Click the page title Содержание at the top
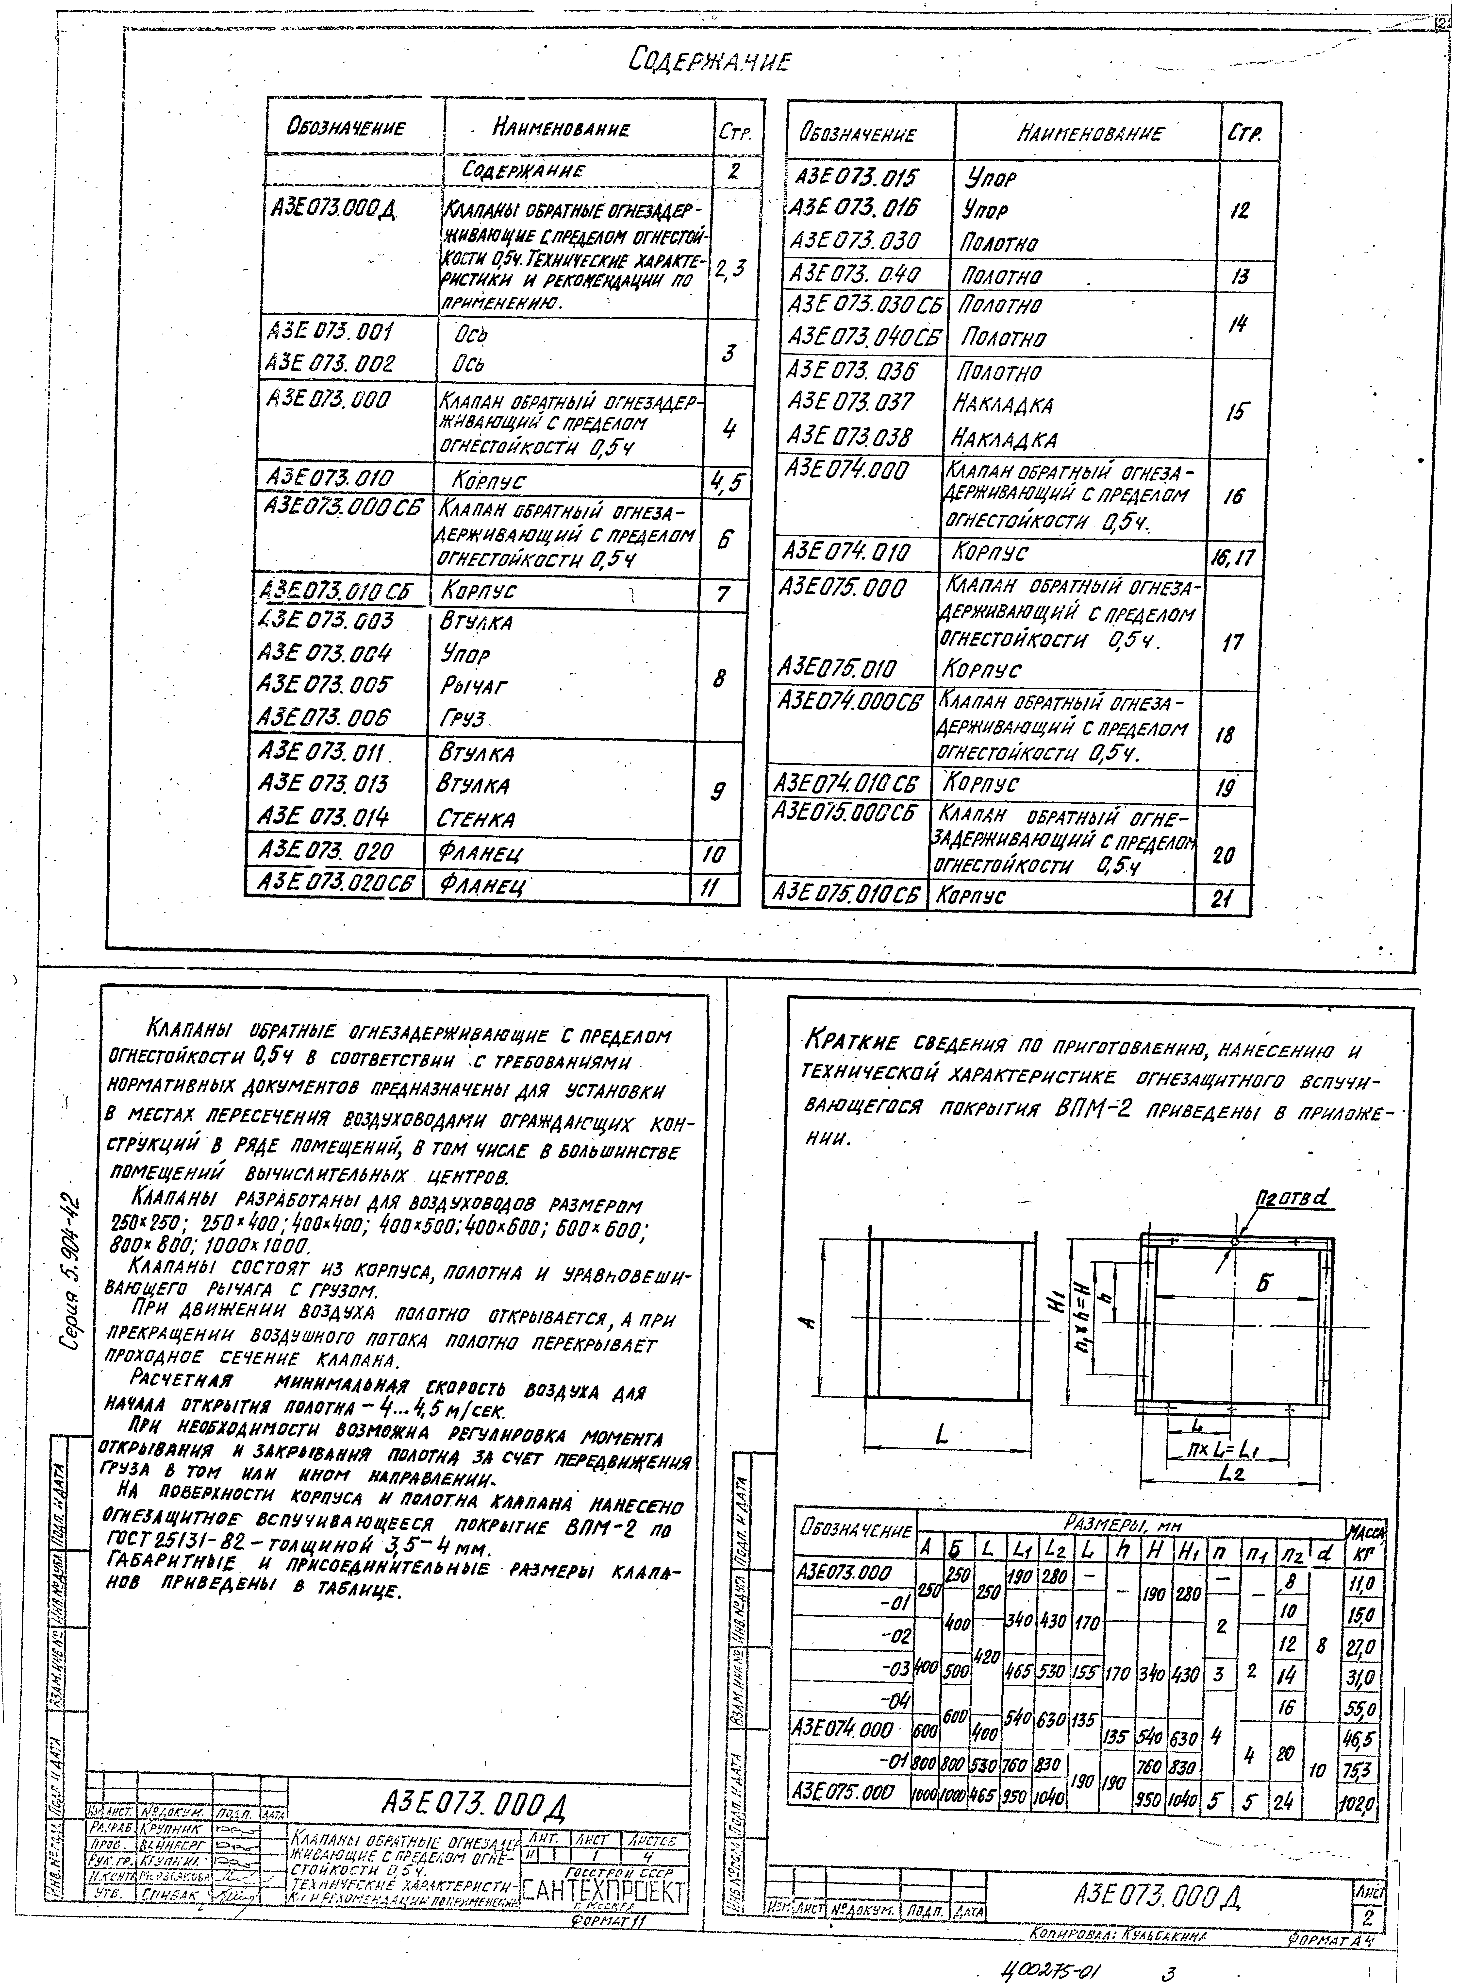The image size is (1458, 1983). pos(711,62)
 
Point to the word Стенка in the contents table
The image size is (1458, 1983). pos(476,818)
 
